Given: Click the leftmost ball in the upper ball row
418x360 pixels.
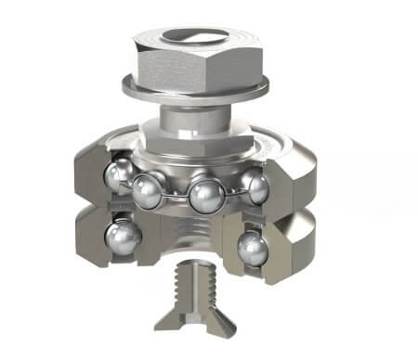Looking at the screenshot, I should [x=120, y=175].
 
